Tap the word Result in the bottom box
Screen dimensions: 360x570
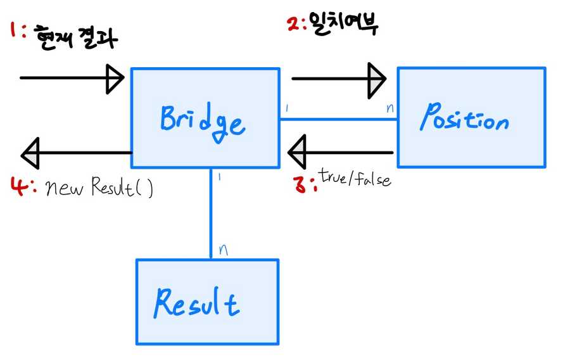click(x=196, y=302)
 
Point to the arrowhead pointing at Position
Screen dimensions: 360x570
click(x=376, y=79)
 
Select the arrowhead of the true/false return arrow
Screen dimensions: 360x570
click(x=296, y=152)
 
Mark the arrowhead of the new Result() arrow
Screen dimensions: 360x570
click(x=30, y=153)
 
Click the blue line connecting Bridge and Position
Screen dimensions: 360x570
click(x=338, y=119)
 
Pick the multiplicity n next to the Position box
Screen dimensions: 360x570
click(x=389, y=108)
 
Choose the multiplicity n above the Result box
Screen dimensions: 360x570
click(x=222, y=249)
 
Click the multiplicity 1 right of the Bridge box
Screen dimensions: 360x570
click(x=287, y=108)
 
